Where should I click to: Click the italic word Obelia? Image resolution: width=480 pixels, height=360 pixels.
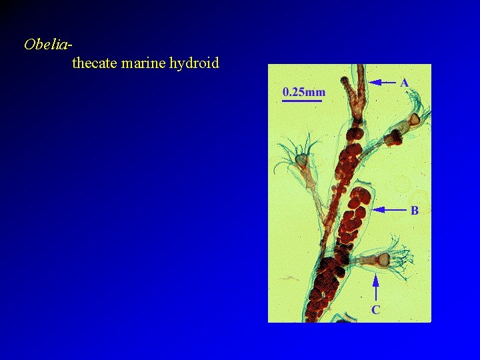tap(45, 45)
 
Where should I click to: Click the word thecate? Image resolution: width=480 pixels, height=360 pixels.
tap(95, 63)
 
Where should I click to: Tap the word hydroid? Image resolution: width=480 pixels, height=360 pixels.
tap(194, 64)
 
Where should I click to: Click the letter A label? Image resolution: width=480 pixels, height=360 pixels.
tap(404, 83)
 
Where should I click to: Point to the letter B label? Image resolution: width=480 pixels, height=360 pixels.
tap(414, 211)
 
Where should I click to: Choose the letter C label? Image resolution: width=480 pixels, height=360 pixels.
tap(375, 309)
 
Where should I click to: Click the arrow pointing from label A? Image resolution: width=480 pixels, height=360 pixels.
tap(383, 83)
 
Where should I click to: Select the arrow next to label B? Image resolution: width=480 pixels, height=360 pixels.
tap(389, 210)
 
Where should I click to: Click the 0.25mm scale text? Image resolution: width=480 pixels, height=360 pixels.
tap(304, 91)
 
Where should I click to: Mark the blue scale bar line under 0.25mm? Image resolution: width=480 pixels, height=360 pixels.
tap(303, 101)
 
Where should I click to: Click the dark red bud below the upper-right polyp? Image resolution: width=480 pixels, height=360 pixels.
tap(395, 137)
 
